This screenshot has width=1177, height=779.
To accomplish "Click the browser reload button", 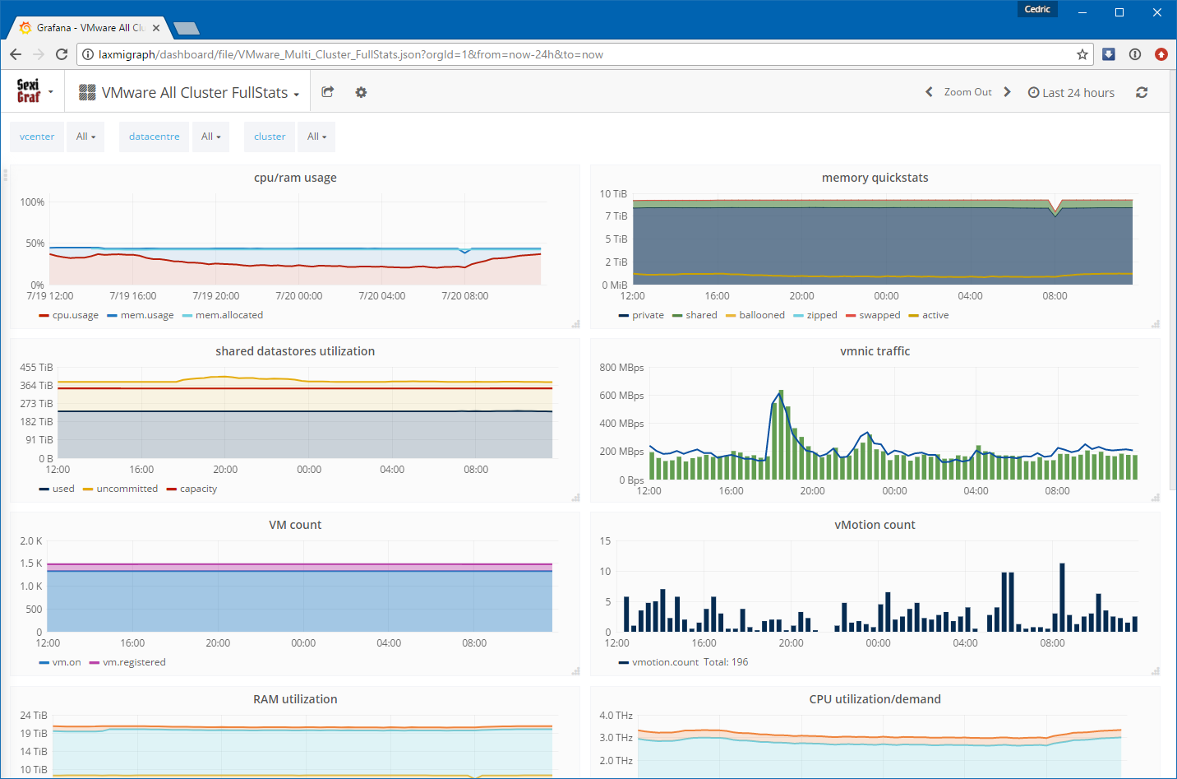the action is pyautogui.click(x=62, y=54).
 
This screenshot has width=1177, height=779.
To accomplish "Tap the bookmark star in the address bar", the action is pyautogui.click(x=1082, y=54).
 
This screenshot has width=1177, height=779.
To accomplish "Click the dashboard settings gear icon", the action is pyautogui.click(x=361, y=93).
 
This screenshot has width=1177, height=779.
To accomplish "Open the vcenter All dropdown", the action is pyautogui.click(x=85, y=137).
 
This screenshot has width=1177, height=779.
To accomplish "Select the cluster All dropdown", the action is pyautogui.click(x=316, y=137).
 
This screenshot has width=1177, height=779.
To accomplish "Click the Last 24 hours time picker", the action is pyautogui.click(x=1071, y=93).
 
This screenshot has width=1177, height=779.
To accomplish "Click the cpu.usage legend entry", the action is pyautogui.click(x=69, y=315).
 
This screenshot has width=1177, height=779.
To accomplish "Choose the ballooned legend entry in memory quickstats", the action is pyautogui.click(x=755, y=315).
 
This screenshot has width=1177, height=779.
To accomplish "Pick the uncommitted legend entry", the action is pyautogui.click(x=120, y=489).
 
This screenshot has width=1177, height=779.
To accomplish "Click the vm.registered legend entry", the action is pyautogui.click(x=127, y=662).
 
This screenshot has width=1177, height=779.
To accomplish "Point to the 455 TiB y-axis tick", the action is pyautogui.click(x=36, y=368).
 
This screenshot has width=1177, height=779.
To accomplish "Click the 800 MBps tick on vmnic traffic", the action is pyautogui.click(x=621, y=368).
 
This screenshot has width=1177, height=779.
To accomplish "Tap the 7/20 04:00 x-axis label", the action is pyautogui.click(x=382, y=295).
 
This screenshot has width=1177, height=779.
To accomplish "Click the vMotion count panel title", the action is pyautogui.click(x=875, y=525).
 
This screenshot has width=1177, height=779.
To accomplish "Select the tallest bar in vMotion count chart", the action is pyautogui.click(x=1062, y=597).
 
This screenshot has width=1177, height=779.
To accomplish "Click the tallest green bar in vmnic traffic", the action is pyautogui.click(x=781, y=434).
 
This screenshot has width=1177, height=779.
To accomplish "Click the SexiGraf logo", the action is pyautogui.click(x=29, y=91).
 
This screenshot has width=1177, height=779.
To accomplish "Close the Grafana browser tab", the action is pyautogui.click(x=156, y=28).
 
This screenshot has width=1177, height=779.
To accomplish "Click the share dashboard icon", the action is pyautogui.click(x=327, y=92).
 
